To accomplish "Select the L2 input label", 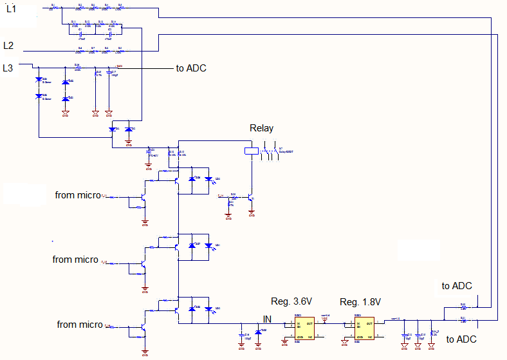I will coord(9,46).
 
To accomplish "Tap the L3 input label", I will coord(9,68).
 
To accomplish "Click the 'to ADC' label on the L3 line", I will coord(191,68).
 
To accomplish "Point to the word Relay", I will coord(263,129).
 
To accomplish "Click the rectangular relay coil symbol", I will coord(251,152).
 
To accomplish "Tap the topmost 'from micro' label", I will coord(78,194).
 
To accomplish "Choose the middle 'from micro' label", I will coord(75,260).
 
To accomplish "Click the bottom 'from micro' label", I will coord(80,325).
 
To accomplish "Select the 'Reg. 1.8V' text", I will coord(360,302).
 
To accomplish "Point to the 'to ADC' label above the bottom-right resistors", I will coord(457,286).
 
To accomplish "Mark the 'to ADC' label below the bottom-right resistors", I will coord(461,339).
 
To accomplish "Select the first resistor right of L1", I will coord(53,8).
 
